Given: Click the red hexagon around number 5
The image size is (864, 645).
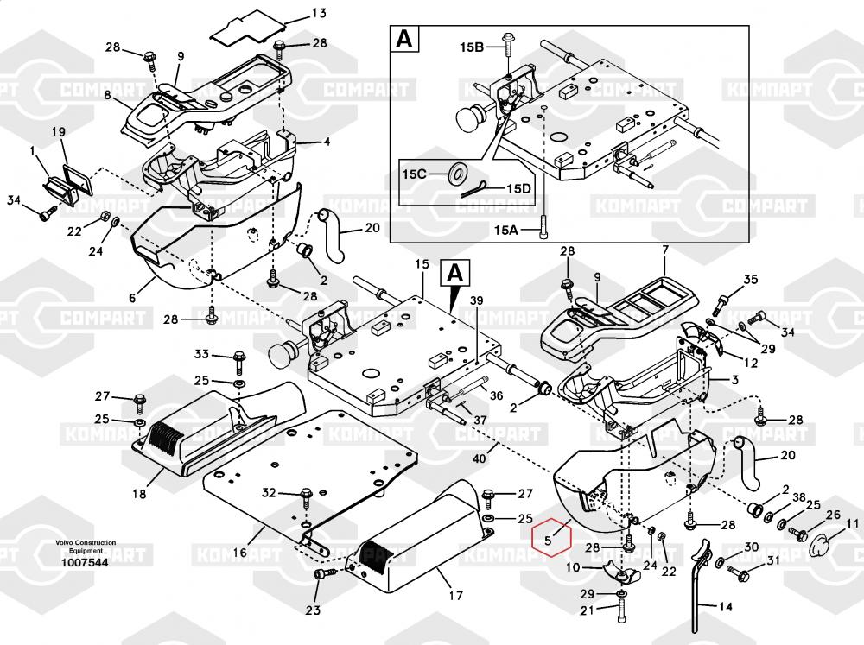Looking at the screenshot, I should pyautogui.click(x=552, y=539).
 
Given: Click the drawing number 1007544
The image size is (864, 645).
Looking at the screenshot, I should pyautogui.click(x=85, y=563).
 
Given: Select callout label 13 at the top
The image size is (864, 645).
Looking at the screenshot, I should pyautogui.click(x=295, y=13).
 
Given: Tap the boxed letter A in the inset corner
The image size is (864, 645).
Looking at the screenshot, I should pyautogui.click(x=404, y=41).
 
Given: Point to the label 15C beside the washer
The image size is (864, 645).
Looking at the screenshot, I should pyautogui.click(x=416, y=174).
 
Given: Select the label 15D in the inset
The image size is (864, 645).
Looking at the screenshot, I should pyautogui.click(x=518, y=188).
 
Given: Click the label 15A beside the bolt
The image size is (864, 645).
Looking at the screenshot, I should pyautogui.click(x=508, y=230).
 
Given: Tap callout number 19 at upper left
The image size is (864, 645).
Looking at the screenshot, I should pyautogui.click(x=59, y=131).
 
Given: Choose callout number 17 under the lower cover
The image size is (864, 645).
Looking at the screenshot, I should pyautogui.click(x=455, y=595).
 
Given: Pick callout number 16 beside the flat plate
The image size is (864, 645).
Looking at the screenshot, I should pyautogui.click(x=239, y=553).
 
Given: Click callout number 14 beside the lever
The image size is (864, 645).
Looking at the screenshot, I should pyautogui.click(x=725, y=606).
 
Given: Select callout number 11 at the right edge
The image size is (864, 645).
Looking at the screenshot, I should pyautogui.click(x=853, y=522).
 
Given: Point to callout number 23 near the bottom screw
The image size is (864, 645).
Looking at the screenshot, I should pyautogui.click(x=313, y=611).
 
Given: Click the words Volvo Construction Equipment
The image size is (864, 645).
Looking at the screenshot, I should pyautogui.click(x=85, y=547).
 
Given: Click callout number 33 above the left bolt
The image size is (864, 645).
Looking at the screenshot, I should pyautogui.click(x=201, y=354).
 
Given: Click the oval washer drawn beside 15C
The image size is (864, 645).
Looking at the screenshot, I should pyautogui.click(x=454, y=174).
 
